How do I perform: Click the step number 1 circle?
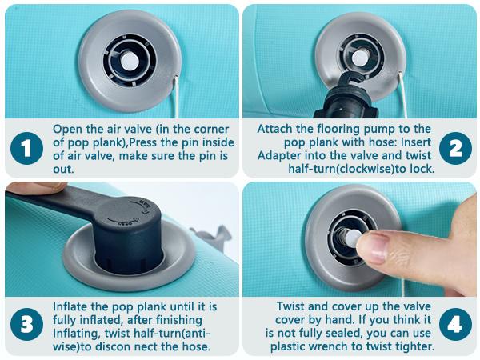[26, 149]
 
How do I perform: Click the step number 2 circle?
[455, 149]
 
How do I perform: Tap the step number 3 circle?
[26, 324]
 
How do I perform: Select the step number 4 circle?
[455, 324]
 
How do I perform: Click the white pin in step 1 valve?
[130, 61]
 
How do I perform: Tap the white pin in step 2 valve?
[361, 58]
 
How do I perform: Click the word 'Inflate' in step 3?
[70, 306]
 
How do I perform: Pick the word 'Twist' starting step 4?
[290, 306]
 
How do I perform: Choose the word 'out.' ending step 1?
[63, 169]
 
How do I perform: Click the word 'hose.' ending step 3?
[196, 347]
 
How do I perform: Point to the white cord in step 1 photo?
[176, 97]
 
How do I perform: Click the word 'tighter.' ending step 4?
[414, 347]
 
